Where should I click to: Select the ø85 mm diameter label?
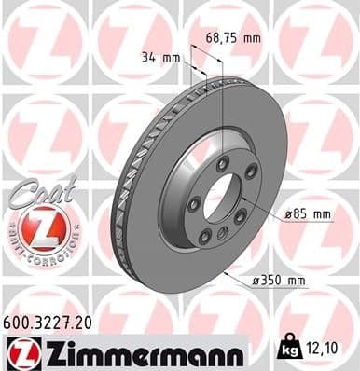coord(309,214)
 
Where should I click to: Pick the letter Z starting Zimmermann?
coord(49,353)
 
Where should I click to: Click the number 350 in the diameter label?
coord(283,280)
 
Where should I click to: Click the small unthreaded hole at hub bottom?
coord(225,233)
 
